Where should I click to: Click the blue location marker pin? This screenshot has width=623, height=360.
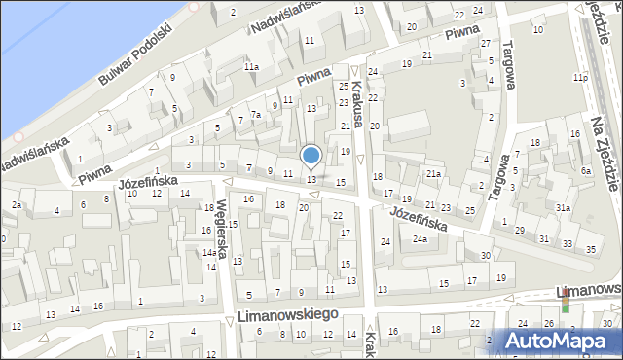tap(311, 157)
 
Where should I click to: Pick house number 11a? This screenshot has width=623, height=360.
tap(251, 66)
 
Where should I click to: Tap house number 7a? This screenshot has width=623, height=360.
tap(256, 115)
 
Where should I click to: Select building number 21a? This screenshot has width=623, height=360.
tap(433, 173)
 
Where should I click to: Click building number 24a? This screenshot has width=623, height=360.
tap(420, 238)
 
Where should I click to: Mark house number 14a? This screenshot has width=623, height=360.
tap(209, 253)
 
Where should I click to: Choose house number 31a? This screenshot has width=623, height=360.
tap(563, 208)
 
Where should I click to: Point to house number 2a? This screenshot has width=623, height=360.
tap(17, 204)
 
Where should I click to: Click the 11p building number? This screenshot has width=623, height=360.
tap(580, 76)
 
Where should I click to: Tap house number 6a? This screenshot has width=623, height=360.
tap(586, 171)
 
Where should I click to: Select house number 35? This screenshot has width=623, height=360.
tap(591, 250)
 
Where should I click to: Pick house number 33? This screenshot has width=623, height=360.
tap(568, 242)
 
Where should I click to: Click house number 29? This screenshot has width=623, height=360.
tap(519, 229)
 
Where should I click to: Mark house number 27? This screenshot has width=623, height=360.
tap(485, 44)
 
